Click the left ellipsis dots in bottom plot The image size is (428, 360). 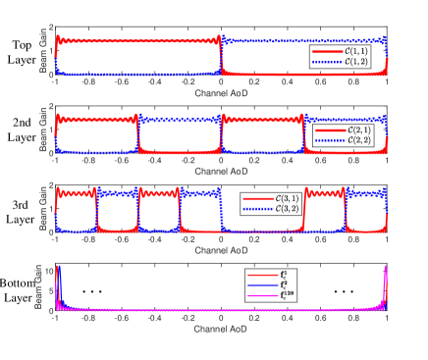pyautogui.click(x=92, y=291)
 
